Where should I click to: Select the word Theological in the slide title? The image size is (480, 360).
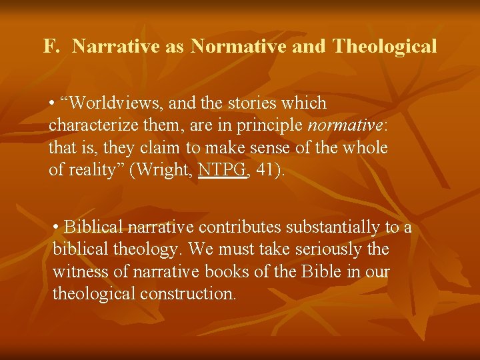point(385,47)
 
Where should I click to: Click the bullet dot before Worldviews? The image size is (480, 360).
point(52,103)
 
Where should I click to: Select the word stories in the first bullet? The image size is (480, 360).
point(257,103)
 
